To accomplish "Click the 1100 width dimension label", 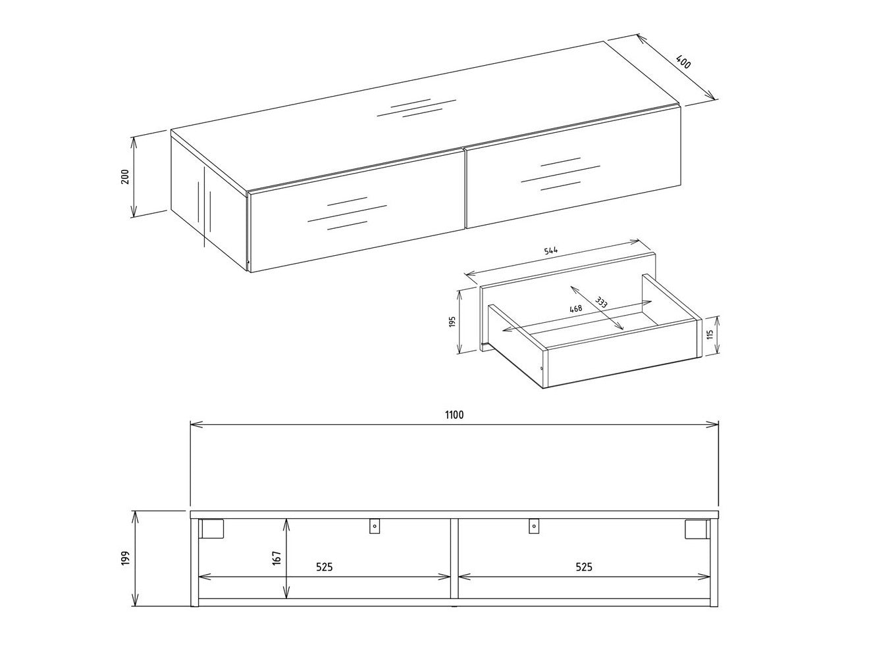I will [x=454, y=415].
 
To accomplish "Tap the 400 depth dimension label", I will [x=684, y=63].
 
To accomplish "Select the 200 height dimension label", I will [x=125, y=176].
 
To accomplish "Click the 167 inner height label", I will [x=277, y=558].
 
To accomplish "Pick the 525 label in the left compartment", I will [x=324, y=567].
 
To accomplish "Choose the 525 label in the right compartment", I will [x=584, y=567].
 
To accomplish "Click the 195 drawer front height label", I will [x=453, y=324].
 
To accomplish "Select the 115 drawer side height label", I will [x=709, y=335].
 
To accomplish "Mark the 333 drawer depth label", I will [x=600, y=303].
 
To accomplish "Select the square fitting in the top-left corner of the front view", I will [x=212, y=529].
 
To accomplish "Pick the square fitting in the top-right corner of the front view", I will [x=697, y=529].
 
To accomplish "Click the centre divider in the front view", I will [x=454, y=559].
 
